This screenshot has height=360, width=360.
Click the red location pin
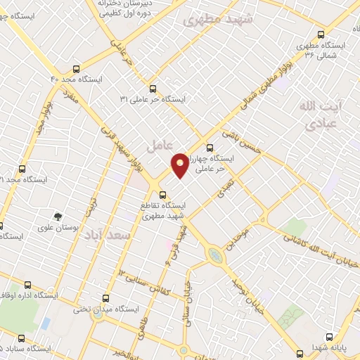pyautogui.click(x=180, y=166)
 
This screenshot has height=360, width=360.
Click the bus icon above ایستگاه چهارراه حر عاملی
pyautogui.click(x=230, y=148)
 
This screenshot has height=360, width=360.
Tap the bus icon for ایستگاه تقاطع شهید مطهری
pyautogui.click(x=162, y=195)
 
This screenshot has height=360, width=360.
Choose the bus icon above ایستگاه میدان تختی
pyautogui.click(x=105, y=298)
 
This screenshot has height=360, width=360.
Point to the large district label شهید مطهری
pyautogui.click(x=212, y=20)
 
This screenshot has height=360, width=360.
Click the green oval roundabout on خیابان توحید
pyautogui.click(x=214, y=256)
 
